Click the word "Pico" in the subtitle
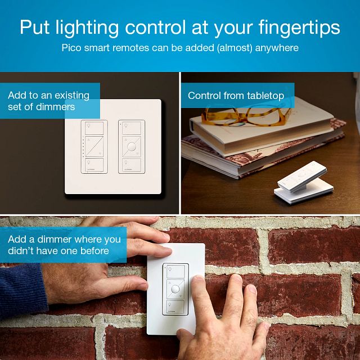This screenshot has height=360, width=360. [x=71, y=48]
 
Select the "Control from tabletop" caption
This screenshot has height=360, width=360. [x=236, y=96]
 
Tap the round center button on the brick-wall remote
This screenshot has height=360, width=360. [x=175, y=290]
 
